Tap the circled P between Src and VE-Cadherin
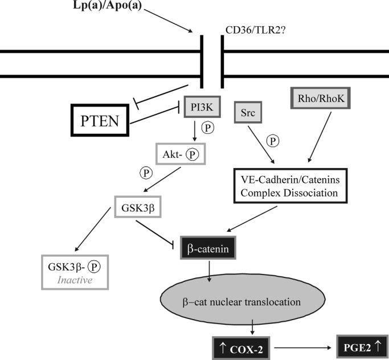pyautogui.click(x=273, y=139)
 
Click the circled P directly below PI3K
pyautogui.click(x=208, y=128)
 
